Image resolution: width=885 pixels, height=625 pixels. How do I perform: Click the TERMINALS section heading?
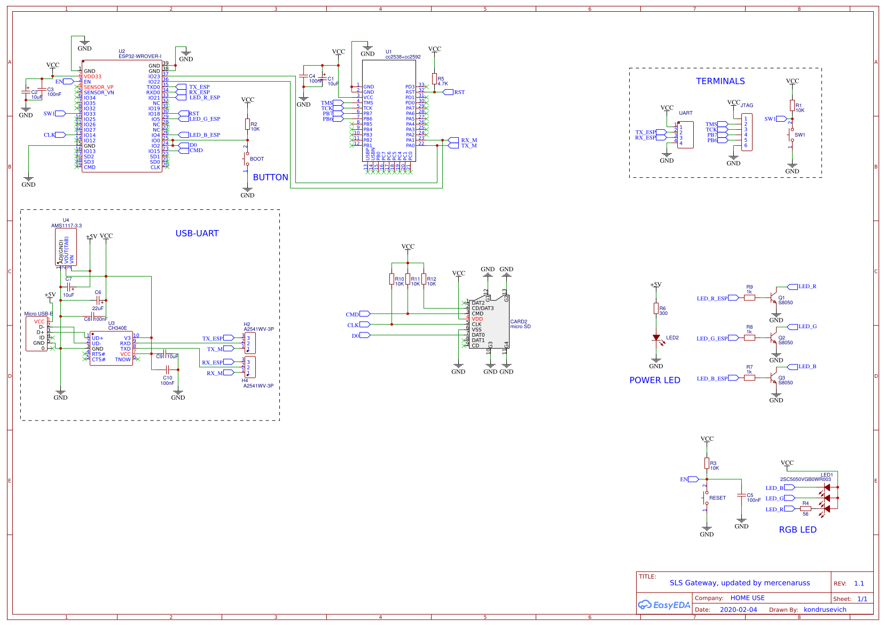coord(720,81)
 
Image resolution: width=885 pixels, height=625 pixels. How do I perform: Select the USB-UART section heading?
coord(197,233)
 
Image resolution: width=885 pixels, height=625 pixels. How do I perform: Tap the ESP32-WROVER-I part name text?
coord(139,56)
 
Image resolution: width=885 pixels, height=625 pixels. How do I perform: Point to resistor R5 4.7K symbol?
coord(435,78)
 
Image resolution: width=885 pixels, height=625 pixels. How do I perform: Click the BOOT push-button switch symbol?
coord(247,159)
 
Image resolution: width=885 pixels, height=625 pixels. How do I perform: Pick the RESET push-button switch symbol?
coord(707,498)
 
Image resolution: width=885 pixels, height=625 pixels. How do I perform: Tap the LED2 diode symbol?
coord(656,338)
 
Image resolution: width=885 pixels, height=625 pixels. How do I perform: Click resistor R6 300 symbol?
coord(656,308)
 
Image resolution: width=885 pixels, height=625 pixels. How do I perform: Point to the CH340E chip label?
coord(118,328)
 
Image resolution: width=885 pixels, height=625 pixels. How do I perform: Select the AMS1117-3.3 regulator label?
coord(66,225)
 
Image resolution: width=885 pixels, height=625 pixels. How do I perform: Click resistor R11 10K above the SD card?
coord(408,279)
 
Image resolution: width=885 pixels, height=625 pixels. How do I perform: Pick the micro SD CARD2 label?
coord(520,324)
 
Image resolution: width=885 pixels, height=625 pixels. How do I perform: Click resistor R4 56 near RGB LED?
coord(805,509)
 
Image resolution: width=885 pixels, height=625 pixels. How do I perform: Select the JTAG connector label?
coord(747,105)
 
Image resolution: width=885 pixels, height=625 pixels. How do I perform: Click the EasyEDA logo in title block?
coord(664,605)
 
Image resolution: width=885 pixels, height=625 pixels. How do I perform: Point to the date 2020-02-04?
coord(738,610)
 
